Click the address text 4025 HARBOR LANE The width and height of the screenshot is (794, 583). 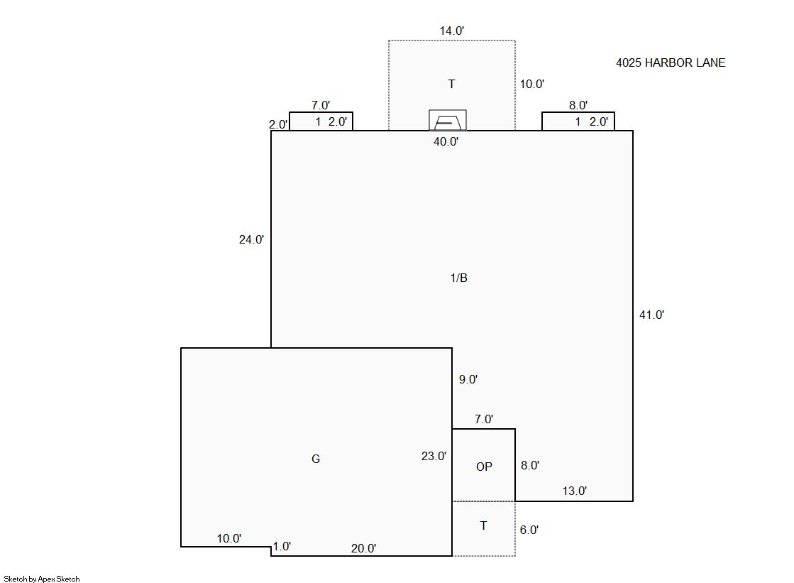(x=671, y=63)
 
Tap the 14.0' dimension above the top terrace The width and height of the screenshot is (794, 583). (x=452, y=31)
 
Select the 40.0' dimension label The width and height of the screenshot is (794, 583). (x=446, y=142)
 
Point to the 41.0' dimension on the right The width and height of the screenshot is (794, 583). (x=651, y=315)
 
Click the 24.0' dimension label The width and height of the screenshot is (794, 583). (x=252, y=240)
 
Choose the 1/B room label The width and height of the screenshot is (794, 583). (x=459, y=278)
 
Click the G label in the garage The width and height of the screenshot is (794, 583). (x=316, y=459)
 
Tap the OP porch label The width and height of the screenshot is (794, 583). (x=484, y=467)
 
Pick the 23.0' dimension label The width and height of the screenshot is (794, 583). (x=434, y=457)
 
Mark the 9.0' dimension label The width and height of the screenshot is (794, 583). (x=468, y=380)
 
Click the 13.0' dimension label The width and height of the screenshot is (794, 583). (x=575, y=491)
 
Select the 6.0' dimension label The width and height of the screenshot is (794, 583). (x=529, y=530)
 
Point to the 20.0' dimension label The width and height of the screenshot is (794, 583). (x=363, y=548)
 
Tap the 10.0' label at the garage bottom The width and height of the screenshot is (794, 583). (x=229, y=539)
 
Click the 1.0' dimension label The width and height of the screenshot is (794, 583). (x=282, y=547)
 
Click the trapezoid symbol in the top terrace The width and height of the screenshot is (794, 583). (x=448, y=121)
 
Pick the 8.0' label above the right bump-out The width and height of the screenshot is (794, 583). (x=578, y=105)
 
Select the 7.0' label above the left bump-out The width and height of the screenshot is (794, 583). (x=321, y=105)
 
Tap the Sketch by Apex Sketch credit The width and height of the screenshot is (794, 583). (x=42, y=579)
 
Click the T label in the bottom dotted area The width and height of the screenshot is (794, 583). (x=484, y=525)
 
